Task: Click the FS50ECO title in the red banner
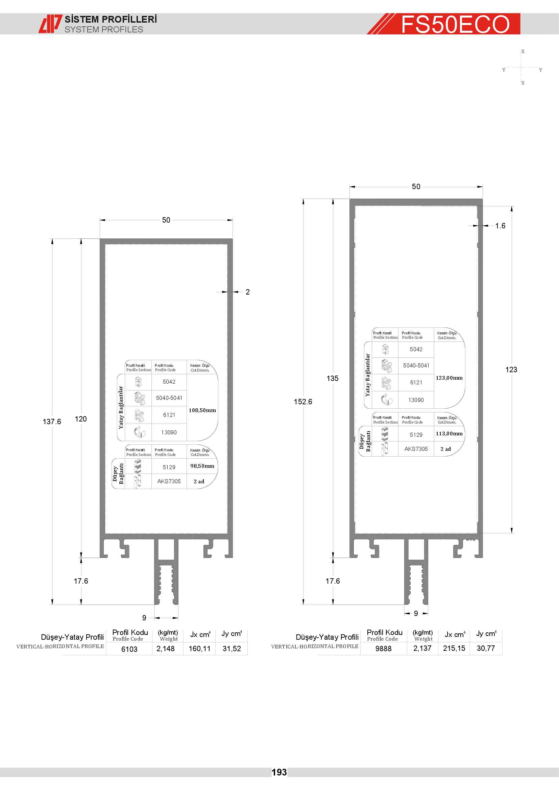tap(455, 24)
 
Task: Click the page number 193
tap(279, 772)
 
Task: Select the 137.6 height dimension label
tap(52, 422)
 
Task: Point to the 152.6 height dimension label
tap(303, 402)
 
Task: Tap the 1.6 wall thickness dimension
tap(500, 226)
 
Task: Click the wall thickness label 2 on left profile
tap(247, 292)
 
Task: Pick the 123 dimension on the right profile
tap(511, 369)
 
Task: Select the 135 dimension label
tap(333, 378)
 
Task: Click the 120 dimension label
tap(81, 419)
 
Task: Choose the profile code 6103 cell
tap(129, 649)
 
